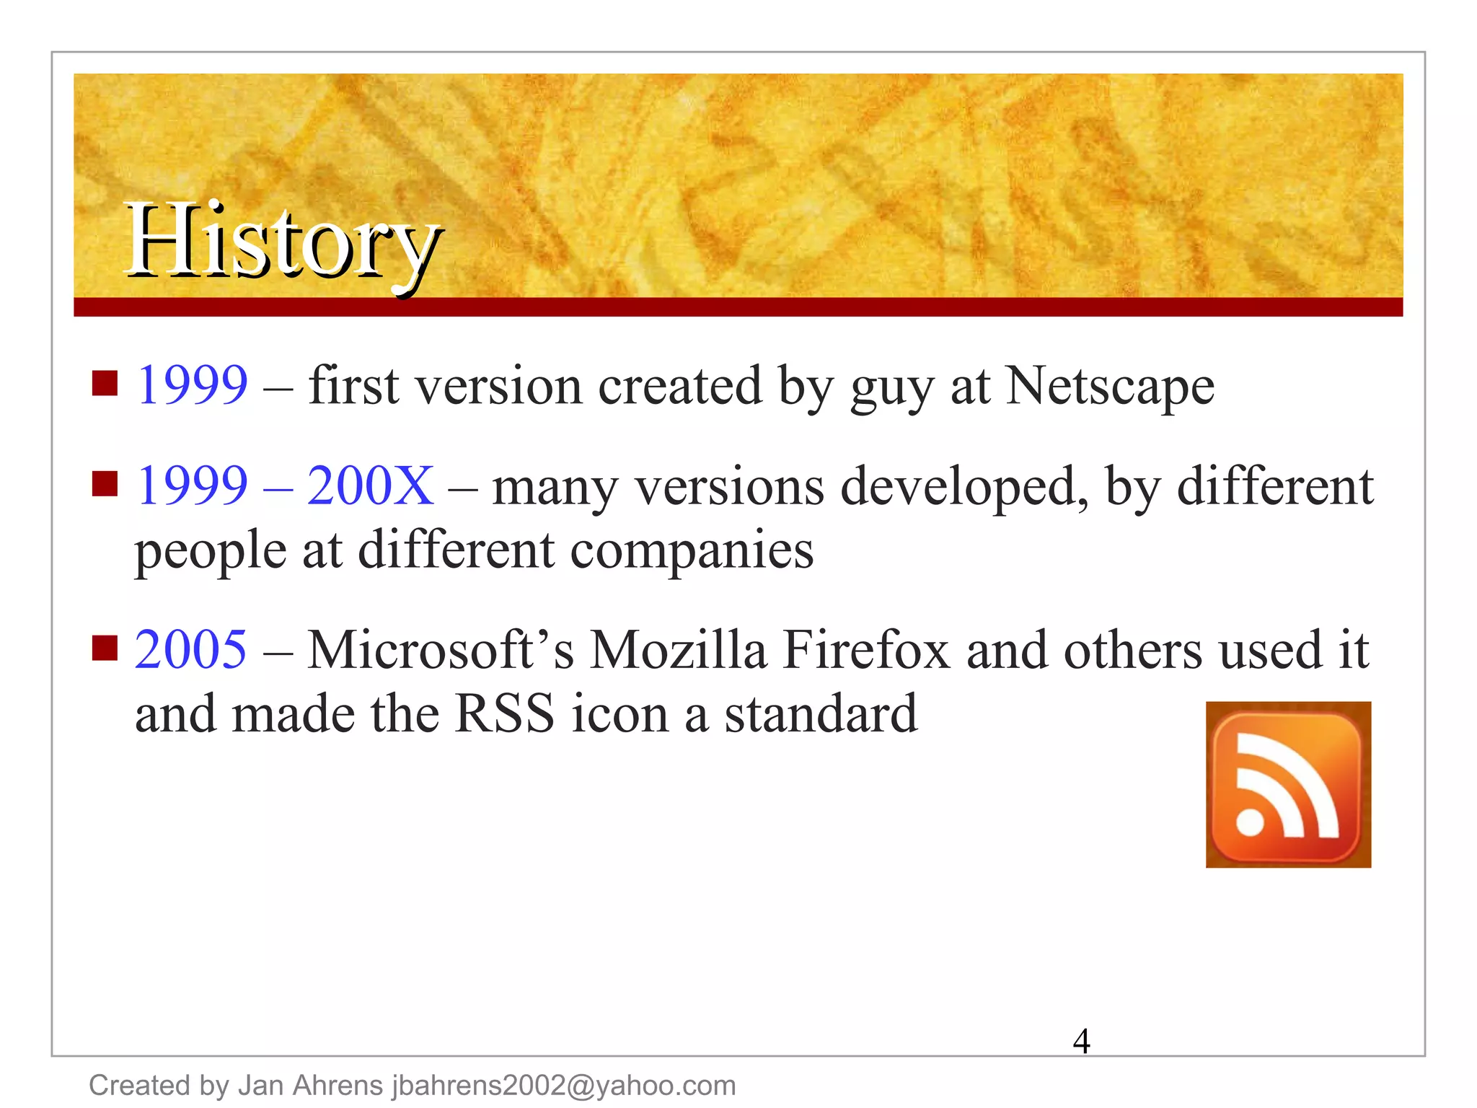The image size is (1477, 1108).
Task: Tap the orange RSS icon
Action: [1288, 784]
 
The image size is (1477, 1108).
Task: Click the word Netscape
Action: [1110, 386]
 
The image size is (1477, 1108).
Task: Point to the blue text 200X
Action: [371, 485]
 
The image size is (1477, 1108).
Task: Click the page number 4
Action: [1081, 1041]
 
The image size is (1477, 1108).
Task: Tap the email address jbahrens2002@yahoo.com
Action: [564, 1086]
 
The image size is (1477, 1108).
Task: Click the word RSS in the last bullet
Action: [506, 713]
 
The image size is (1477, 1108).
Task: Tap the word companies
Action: [692, 550]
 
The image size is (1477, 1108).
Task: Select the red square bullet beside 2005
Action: [105, 648]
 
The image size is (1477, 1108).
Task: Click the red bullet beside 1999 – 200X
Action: [105, 484]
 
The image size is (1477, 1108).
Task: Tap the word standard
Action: [821, 713]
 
